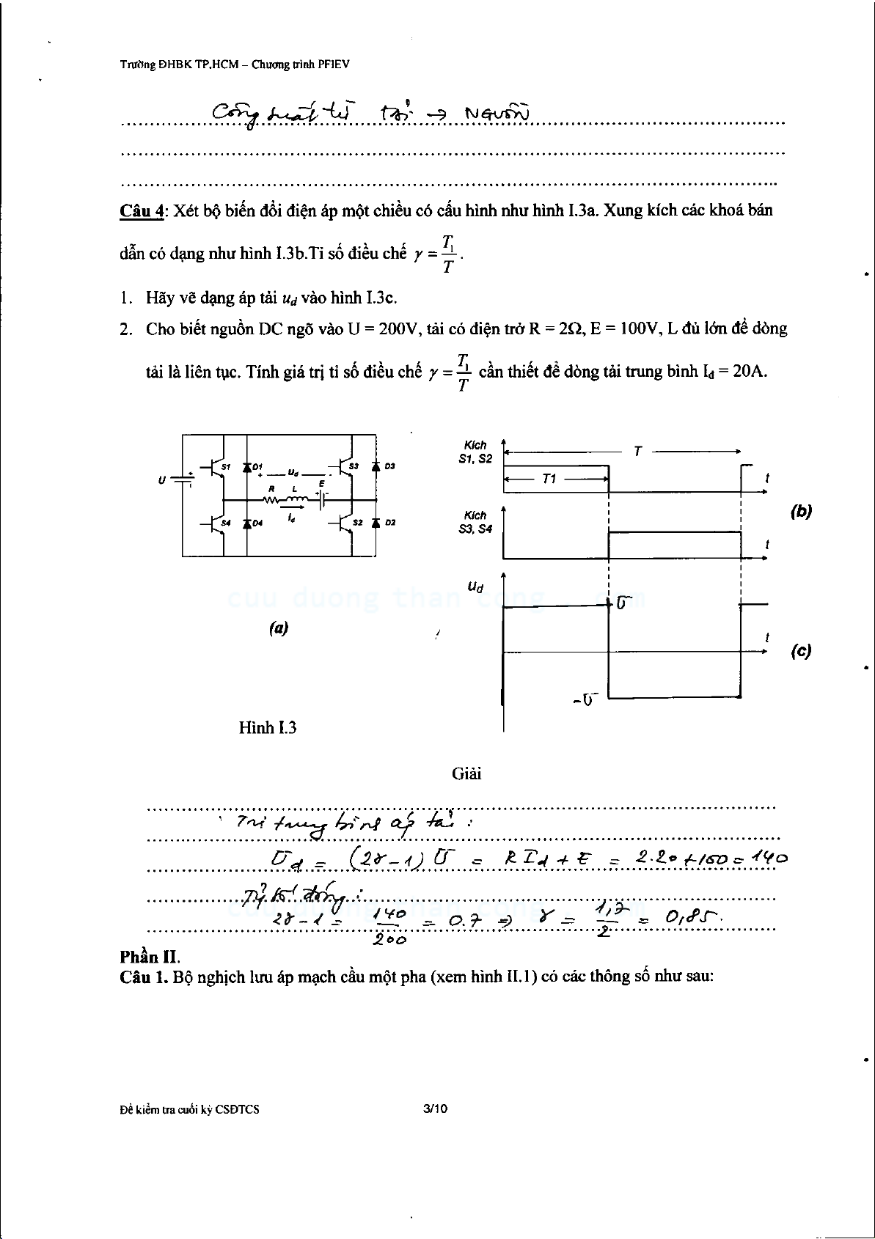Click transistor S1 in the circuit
tap(215, 467)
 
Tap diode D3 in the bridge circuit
tap(376, 466)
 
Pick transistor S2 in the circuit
tap(345, 523)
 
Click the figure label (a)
tap(278, 628)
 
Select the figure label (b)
tap(801, 512)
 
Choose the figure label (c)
tap(801, 651)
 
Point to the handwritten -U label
tap(585, 699)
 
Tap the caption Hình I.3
tap(268, 727)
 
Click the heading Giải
tap(466, 773)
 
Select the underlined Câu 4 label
tap(142, 211)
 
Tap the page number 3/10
tap(435, 1109)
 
